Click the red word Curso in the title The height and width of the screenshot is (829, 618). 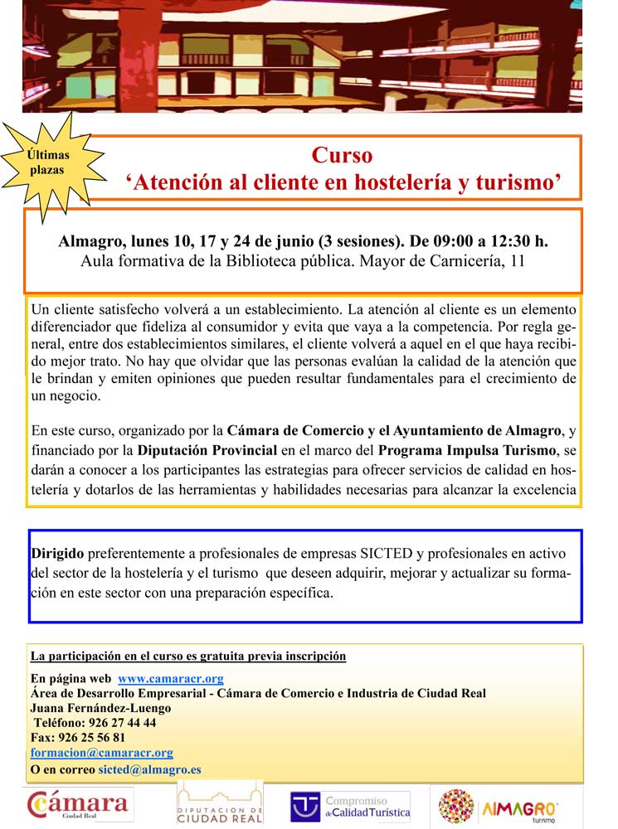pyautogui.click(x=342, y=155)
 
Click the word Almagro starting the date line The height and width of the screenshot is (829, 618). pyautogui.click(x=89, y=241)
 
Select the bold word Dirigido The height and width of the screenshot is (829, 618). pyautogui.click(x=57, y=552)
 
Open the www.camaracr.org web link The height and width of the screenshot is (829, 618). pyautogui.click(x=170, y=678)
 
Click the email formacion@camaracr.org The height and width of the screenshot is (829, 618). pyautogui.click(x=101, y=752)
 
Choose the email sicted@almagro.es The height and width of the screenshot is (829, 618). pyautogui.click(x=149, y=768)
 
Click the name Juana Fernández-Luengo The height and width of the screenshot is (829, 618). pyautogui.click(x=100, y=708)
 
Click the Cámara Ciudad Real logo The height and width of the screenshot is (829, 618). pyautogui.click(x=80, y=804)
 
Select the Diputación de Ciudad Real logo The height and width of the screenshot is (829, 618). pyautogui.click(x=221, y=804)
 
